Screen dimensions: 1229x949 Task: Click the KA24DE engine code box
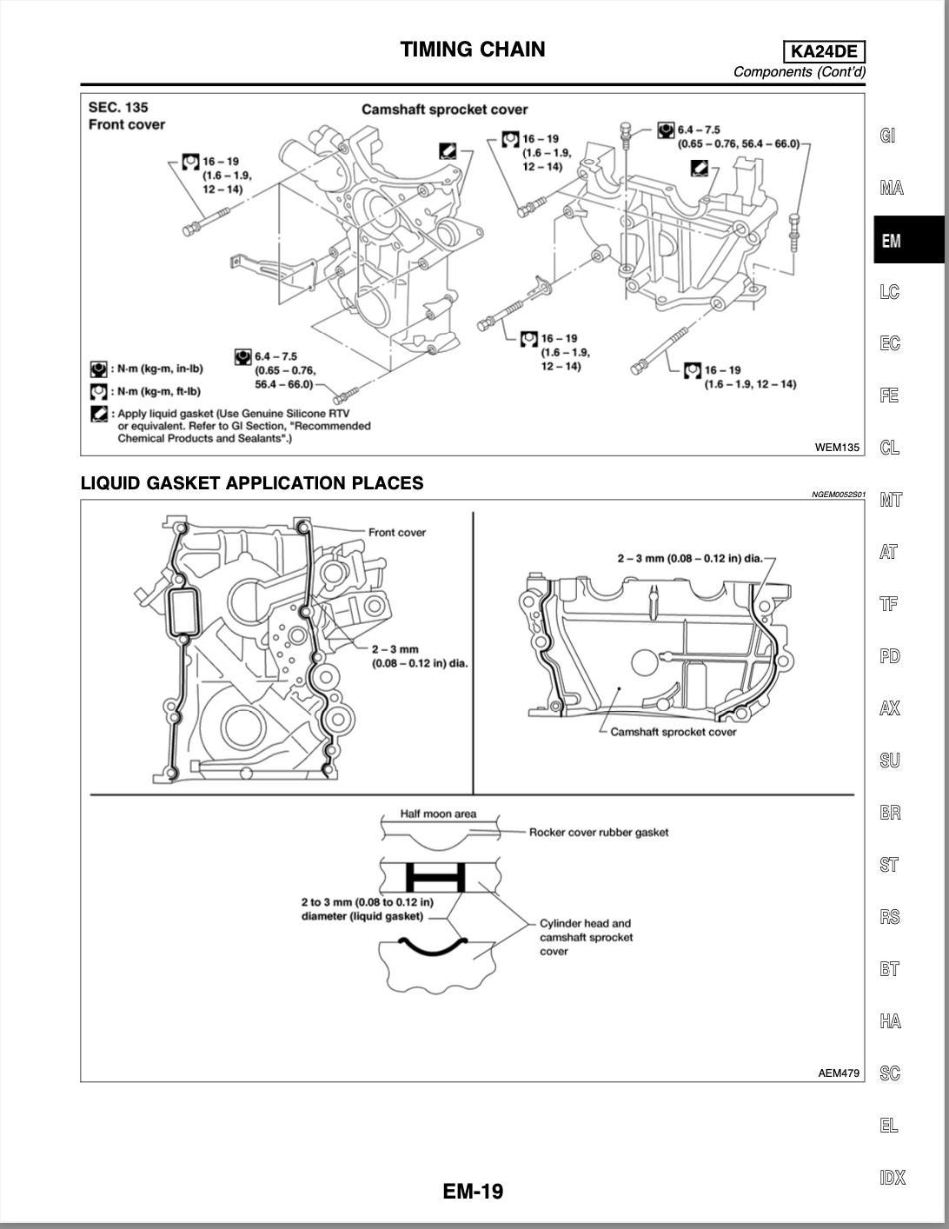coord(824,52)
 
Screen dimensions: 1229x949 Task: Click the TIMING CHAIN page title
coord(473,50)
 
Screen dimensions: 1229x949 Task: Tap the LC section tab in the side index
coord(889,291)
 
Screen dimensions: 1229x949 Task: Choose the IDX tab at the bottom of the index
coord(892,1178)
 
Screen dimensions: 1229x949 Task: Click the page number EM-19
coord(473,1191)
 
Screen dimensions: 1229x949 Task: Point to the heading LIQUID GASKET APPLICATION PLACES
coord(252,483)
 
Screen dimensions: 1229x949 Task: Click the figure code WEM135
coord(836,448)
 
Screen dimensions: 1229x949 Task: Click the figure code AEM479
coord(838,1073)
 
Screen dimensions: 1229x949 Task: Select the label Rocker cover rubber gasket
coord(599,833)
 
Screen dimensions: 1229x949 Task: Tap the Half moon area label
coord(438,814)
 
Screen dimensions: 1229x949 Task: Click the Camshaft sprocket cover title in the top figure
coord(444,110)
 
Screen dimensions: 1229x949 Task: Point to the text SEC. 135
coord(118,107)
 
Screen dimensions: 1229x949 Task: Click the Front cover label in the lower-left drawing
coord(397,533)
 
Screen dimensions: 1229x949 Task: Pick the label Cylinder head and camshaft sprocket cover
coord(586,937)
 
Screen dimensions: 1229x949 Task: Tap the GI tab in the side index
coord(887,136)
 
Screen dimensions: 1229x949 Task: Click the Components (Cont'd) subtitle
coord(799,72)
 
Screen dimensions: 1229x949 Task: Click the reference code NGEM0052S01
coord(838,495)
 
